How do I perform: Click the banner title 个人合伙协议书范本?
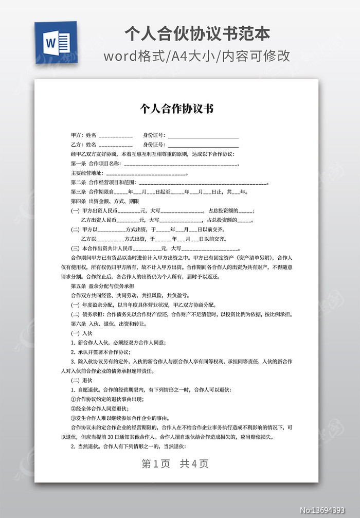click(x=197, y=34)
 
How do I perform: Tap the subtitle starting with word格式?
click(x=197, y=56)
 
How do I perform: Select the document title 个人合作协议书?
click(x=176, y=109)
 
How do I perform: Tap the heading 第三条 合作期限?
click(x=91, y=192)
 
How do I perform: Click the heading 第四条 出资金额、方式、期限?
click(x=104, y=201)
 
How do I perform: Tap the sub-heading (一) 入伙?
click(x=81, y=333)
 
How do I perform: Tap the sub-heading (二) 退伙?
click(x=81, y=380)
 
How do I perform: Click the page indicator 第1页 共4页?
click(x=175, y=463)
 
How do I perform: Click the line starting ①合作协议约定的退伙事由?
click(x=107, y=399)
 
